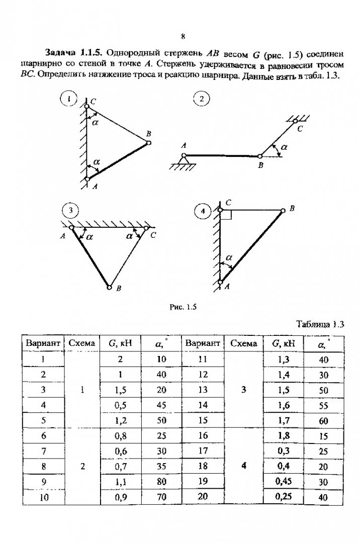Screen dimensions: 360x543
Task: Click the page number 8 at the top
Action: [x=183, y=37]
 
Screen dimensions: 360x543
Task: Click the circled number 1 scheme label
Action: [x=68, y=99]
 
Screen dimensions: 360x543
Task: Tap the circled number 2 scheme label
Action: [x=202, y=100]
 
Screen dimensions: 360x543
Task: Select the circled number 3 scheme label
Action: [x=70, y=211]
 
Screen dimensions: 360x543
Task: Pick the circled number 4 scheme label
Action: [x=203, y=211]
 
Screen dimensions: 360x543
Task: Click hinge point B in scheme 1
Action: [x=148, y=142]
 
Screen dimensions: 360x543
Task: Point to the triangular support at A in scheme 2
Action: [x=184, y=160]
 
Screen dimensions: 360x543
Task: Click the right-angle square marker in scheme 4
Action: [x=226, y=215]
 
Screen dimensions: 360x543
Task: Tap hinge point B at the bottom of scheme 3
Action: [x=110, y=287]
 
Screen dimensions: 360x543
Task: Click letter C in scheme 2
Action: [x=300, y=129]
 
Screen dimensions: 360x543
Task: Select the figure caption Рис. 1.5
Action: [x=183, y=307]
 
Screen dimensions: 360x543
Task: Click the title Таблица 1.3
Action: [x=320, y=324]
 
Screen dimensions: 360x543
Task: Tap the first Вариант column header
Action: [x=43, y=343]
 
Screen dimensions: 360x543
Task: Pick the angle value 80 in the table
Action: [x=161, y=481]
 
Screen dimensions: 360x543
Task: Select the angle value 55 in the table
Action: [x=323, y=405]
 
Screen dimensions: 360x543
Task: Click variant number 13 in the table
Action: [x=203, y=390]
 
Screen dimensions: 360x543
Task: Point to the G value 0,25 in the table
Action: [x=284, y=497]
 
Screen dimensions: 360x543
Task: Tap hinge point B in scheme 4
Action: [x=283, y=210]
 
